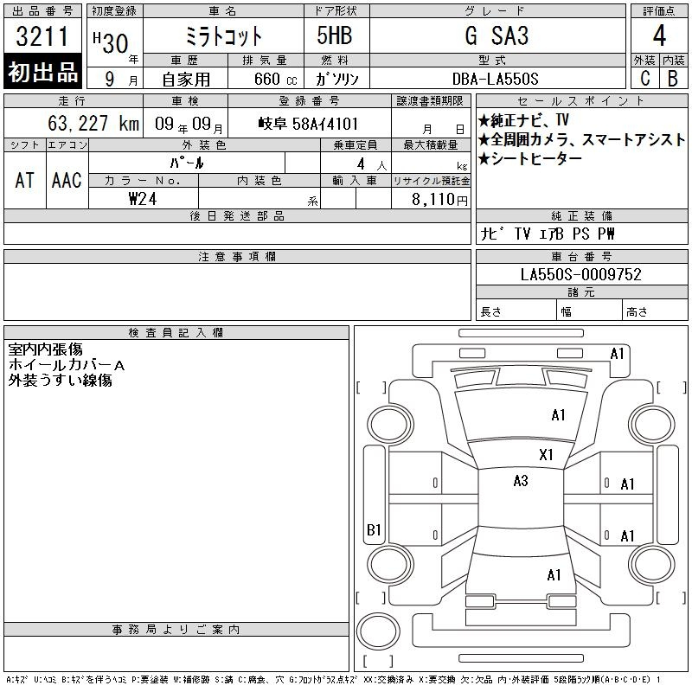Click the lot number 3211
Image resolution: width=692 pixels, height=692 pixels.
42,36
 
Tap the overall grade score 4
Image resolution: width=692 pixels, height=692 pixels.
659,35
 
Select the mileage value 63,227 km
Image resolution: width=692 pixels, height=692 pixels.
93,123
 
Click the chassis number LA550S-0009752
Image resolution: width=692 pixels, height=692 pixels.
580,274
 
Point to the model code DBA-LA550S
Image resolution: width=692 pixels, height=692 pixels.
495,79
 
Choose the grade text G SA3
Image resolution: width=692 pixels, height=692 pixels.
497,35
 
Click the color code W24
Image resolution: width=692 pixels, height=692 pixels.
143,199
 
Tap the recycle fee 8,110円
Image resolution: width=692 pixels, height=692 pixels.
439,200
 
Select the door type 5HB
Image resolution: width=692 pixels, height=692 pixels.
335,35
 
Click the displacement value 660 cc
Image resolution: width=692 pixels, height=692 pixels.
275,80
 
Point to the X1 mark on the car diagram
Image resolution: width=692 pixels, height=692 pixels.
546,455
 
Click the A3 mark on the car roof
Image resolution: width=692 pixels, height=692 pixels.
521,481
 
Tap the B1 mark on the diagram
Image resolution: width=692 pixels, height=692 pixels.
374,529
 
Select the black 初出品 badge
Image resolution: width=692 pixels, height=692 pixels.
42,72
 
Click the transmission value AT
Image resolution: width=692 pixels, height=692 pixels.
25,180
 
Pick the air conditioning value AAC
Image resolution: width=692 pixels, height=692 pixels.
67,180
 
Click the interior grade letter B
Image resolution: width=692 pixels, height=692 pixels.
673,79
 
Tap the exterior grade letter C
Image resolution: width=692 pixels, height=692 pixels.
645,79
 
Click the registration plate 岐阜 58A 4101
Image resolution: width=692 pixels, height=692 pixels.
309,124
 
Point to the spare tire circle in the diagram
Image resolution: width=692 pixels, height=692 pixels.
378,631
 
